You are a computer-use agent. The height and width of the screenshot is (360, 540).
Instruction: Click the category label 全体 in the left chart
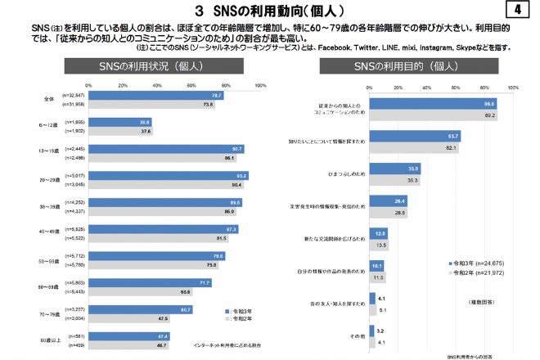pos(49,99)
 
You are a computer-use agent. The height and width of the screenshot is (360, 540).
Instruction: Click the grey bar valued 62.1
pos(414,148)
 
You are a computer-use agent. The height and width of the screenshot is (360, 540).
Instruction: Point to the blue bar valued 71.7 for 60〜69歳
pos(150,282)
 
